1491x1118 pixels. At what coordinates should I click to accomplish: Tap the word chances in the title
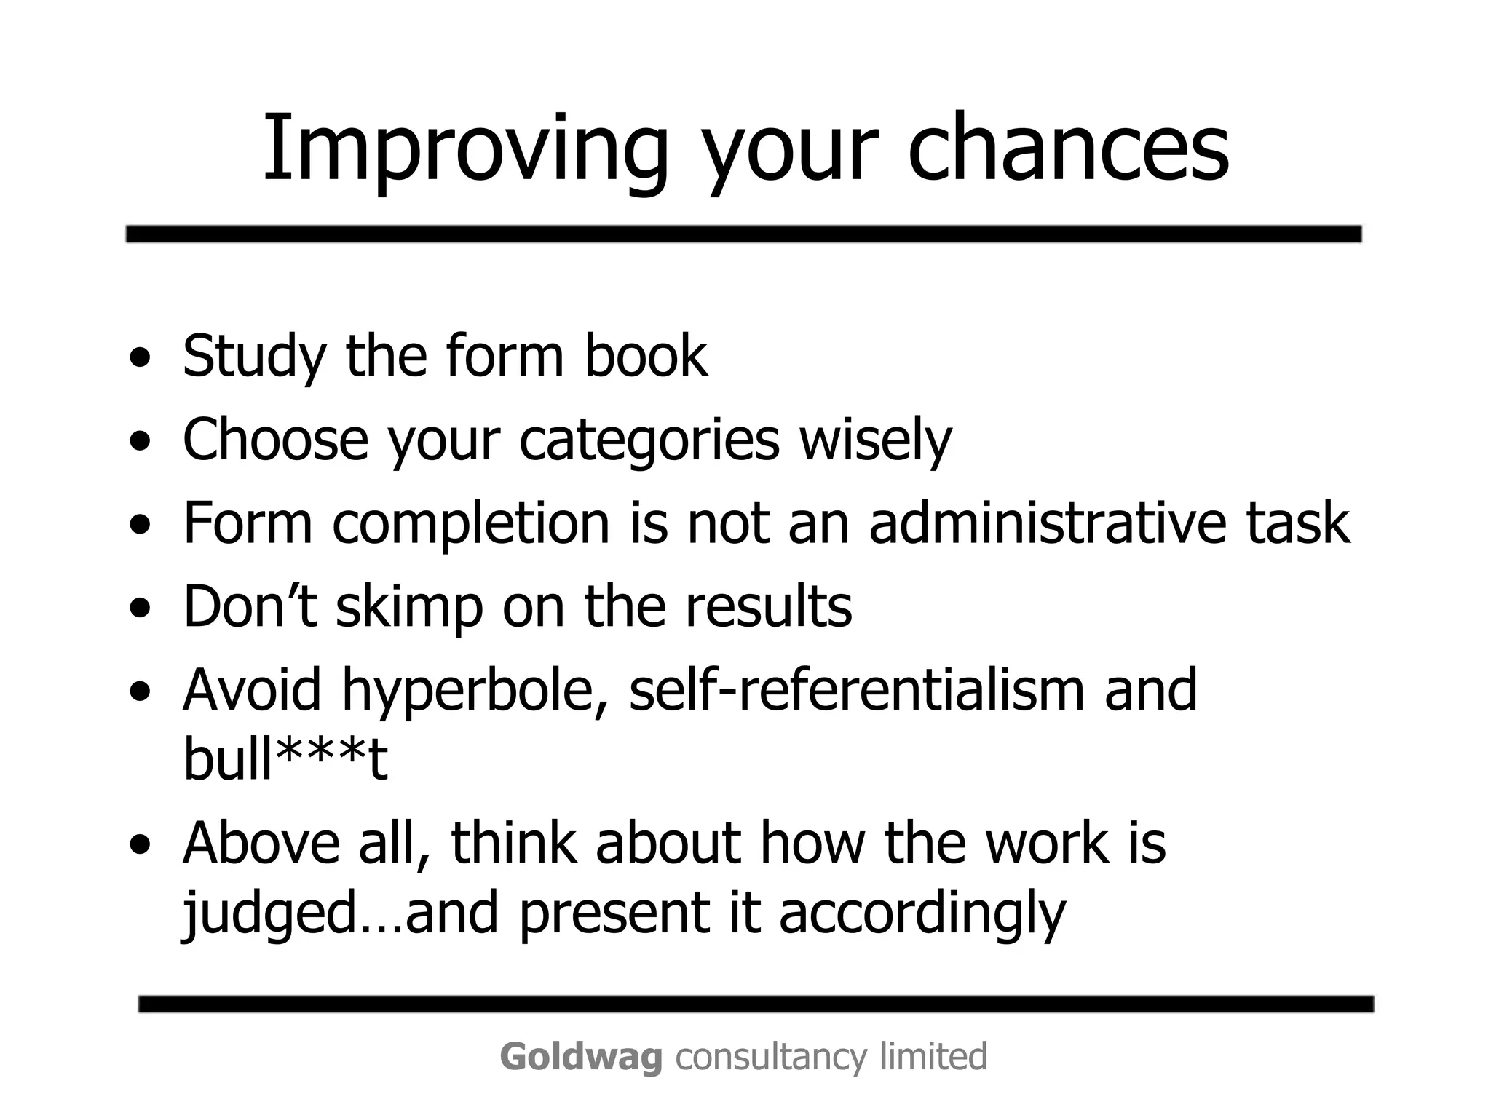[1068, 149]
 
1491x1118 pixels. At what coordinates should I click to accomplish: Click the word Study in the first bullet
[254, 357]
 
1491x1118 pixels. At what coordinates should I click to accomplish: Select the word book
[645, 357]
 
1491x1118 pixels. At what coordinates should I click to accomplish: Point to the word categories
[649, 440]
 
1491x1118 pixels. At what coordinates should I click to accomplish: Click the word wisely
[876, 440]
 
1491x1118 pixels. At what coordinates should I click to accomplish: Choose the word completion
[471, 524]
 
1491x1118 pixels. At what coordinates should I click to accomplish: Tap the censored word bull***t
[285, 758]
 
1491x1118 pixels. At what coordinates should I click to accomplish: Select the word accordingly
[922, 915]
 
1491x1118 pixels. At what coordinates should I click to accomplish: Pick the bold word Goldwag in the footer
[581, 1057]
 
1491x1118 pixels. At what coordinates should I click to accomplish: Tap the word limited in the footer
[933, 1056]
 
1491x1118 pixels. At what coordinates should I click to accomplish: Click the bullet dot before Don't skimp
[141, 608]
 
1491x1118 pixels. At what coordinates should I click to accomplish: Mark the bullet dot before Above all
[141, 845]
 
